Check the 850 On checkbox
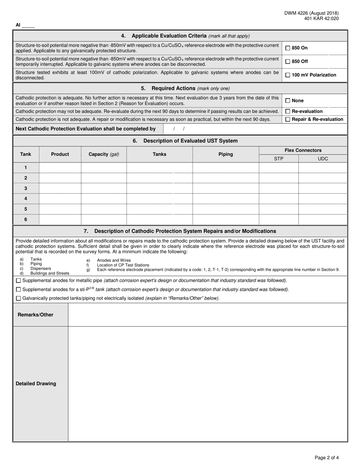pyautogui.click(x=288, y=48)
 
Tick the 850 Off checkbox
pyautogui.click(x=288, y=61)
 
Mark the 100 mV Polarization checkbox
pyautogui.click(x=288, y=75)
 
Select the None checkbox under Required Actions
pyautogui.click(x=288, y=101)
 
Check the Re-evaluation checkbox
pyautogui.click(x=288, y=111)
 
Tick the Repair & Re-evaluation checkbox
pyautogui.click(x=288, y=119)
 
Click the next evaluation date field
pyautogui.click(x=179, y=129)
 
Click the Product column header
pyautogui.click(x=60, y=154)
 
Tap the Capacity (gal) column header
pyautogui.click(x=103, y=154)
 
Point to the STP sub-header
pyautogui.click(x=279, y=159)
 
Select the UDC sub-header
pyautogui.click(x=323, y=159)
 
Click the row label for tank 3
pyautogui.click(x=26, y=188)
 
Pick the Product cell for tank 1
pyautogui.click(x=60, y=167)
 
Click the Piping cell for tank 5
pyautogui.click(x=225, y=209)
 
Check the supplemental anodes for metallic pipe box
pyautogui.click(x=19, y=281)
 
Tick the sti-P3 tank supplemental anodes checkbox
pyautogui.click(x=19, y=289)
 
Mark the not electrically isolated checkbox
pyautogui.click(x=19, y=299)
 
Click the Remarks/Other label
pyautogui.click(x=36, y=315)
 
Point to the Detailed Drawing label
pyautogui.click(x=36, y=384)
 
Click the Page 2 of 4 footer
pyautogui.click(x=327, y=458)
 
